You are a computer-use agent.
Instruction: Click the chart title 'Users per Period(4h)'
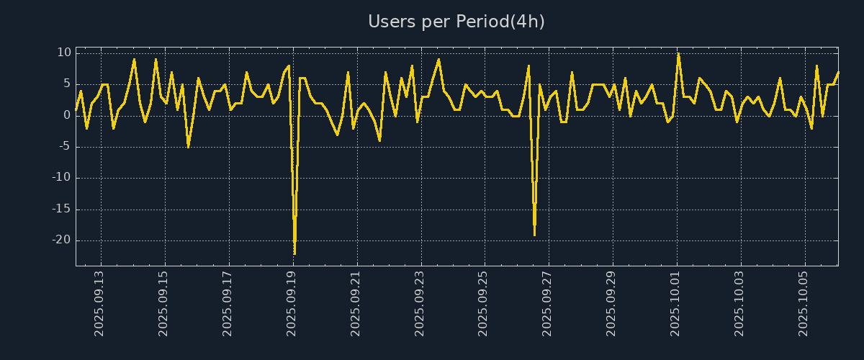pos(456,22)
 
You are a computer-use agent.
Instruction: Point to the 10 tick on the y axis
pos(64,53)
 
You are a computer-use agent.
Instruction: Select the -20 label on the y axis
pos(61,240)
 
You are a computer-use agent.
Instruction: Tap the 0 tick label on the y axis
pos(67,115)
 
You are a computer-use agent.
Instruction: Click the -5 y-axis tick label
pos(64,147)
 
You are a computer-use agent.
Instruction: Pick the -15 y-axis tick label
pos(61,210)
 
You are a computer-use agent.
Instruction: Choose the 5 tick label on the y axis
pos(67,84)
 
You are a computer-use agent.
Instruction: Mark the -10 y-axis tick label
pos(61,178)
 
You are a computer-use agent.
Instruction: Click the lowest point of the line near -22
pos(294,253)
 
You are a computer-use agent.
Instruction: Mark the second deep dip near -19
pos(534,235)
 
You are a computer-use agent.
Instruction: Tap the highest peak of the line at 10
pos(678,53)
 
